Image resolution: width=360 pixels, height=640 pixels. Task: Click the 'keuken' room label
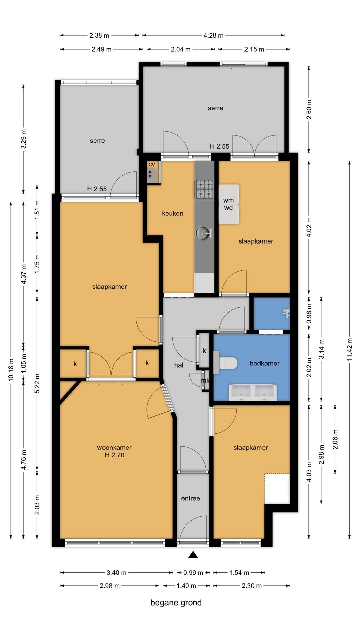pos(173,213)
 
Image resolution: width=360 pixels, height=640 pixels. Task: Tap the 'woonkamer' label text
pos(114,447)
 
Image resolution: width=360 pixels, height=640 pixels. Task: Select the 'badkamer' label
pos(265,363)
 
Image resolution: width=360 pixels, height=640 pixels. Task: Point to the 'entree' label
pos(191,498)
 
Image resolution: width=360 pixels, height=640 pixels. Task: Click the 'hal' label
pos(179,365)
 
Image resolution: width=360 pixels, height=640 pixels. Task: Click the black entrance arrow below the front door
pos(193,555)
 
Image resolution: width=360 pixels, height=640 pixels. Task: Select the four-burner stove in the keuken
pos(204,189)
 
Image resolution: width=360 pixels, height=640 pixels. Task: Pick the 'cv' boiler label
pos(152,164)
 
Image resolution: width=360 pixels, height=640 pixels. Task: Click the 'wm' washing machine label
pos(228,200)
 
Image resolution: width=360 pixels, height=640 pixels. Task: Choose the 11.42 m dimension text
pos(349,349)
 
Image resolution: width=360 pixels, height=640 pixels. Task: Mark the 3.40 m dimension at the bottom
pos(116,573)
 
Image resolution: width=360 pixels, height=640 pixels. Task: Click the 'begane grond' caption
pos(176,603)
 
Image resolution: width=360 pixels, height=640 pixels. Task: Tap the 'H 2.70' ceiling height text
pos(114,455)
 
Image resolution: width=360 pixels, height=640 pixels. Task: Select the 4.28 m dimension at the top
pos(213,35)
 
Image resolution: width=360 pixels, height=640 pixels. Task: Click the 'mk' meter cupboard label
pos(205,380)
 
